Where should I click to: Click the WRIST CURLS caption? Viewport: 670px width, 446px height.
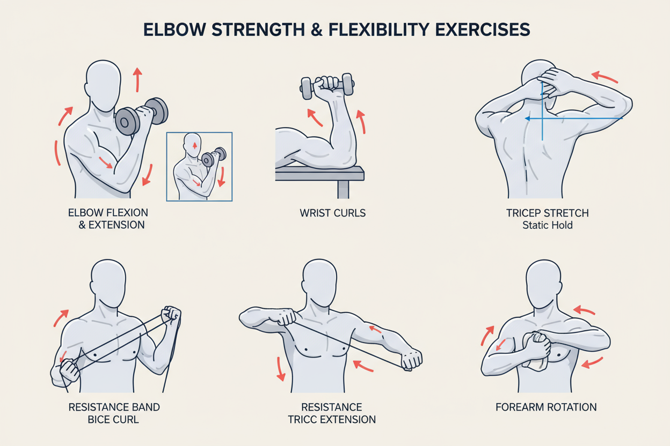point(332,213)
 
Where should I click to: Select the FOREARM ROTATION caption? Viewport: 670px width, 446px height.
point(546,407)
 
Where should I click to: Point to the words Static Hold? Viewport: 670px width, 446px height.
point(547,225)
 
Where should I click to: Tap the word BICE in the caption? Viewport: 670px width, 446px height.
point(100,419)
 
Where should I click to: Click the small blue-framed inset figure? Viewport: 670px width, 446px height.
point(199,166)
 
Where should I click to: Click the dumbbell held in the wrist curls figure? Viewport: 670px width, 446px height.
point(327,86)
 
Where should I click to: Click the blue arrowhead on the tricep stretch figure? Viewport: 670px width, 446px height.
point(527,118)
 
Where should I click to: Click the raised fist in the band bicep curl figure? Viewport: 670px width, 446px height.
point(172,315)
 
